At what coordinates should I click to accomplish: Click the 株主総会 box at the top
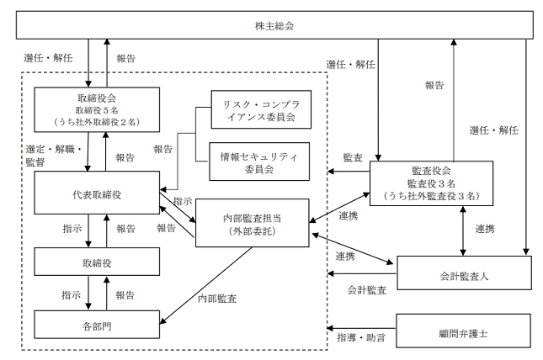click(x=274, y=25)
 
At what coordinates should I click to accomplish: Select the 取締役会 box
click(x=97, y=109)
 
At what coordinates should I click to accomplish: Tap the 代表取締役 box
click(x=97, y=193)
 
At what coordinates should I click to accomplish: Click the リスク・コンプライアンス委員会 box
click(x=261, y=109)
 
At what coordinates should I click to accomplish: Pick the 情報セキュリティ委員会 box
click(x=259, y=161)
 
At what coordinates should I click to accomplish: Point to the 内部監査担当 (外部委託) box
click(x=252, y=223)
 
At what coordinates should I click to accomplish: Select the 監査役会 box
click(x=432, y=183)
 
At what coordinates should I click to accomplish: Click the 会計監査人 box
click(x=464, y=273)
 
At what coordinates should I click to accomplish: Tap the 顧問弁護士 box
click(x=463, y=331)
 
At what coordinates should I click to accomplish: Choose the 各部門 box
click(x=97, y=325)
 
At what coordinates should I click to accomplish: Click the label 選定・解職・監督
click(x=54, y=156)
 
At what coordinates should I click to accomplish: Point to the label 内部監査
click(x=217, y=299)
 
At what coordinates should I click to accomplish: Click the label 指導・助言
click(x=361, y=337)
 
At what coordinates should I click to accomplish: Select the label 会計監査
click(x=367, y=289)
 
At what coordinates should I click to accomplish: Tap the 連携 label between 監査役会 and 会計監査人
click(x=485, y=229)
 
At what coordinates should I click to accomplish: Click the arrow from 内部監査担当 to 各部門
click(x=206, y=286)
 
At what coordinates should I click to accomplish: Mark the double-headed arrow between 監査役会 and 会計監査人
click(x=463, y=230)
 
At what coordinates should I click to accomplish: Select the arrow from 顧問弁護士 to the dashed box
click(x=361, y=328)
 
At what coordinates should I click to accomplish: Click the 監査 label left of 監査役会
click(x=353, y=157)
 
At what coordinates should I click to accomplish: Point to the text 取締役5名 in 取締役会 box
click(x=97, y=110)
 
